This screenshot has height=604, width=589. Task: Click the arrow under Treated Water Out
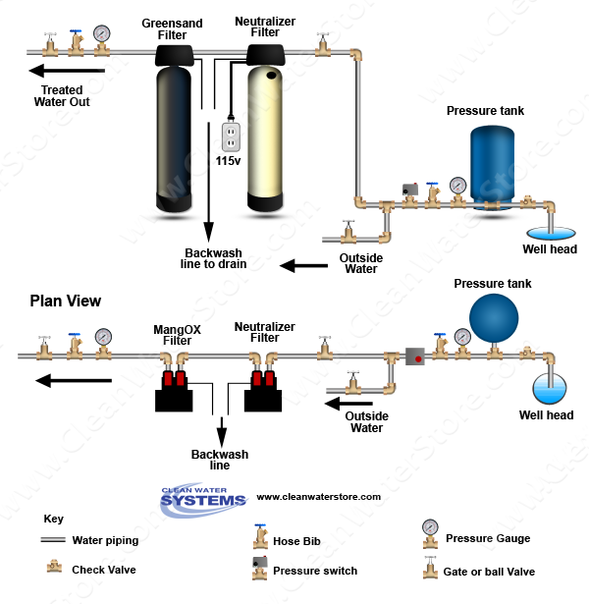(x=67, y=71)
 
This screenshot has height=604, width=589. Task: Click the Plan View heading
(x=65, y=301)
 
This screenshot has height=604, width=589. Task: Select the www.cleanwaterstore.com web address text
(x=318, y=497)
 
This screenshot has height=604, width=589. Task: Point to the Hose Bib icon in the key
(x=261, y=536)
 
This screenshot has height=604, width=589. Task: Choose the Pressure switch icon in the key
(x=260, y=568)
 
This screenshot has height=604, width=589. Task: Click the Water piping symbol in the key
(x=51, y=540)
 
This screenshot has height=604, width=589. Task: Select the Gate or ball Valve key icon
(x=428, y=568)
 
